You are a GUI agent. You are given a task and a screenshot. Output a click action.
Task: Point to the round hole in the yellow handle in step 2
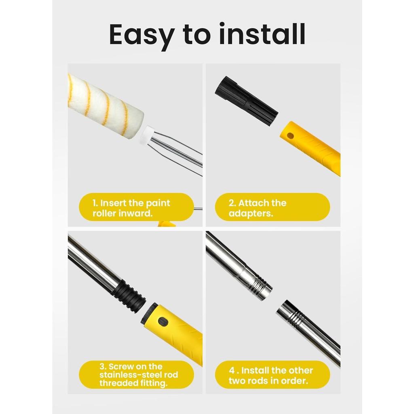coord(290,136)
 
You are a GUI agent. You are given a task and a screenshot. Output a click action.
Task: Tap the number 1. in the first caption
coord(95,203)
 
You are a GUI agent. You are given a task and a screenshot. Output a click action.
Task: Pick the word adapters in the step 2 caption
coord(251,213)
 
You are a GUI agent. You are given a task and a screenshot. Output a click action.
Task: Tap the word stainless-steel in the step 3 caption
coord(131,375)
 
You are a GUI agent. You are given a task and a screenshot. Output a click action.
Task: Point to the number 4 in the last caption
coord(232,370)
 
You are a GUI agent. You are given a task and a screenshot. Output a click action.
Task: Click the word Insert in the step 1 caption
coord(114,203)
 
